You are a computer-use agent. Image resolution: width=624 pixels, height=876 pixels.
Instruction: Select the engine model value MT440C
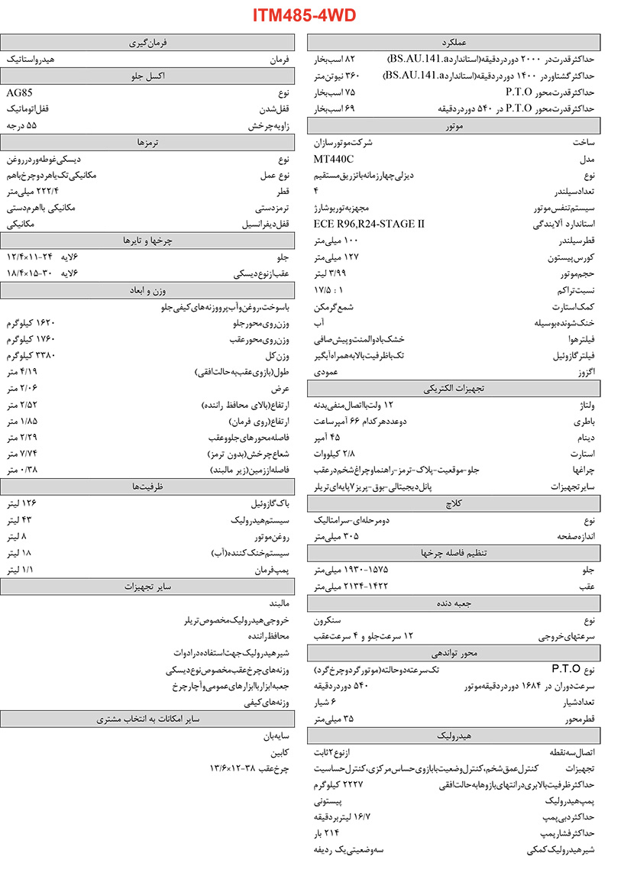[334, 159]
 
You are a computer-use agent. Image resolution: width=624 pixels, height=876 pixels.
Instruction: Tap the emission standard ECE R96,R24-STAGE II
[369, 224]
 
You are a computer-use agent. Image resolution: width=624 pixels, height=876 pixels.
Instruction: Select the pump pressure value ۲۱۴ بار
[326, 832]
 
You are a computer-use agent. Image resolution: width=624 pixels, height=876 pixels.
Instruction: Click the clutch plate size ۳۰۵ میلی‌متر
[336, 536]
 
